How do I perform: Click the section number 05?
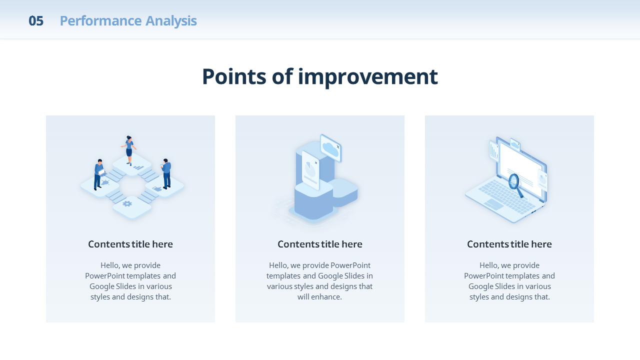(x=36, y=21)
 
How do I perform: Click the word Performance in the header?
(x=100, y=21)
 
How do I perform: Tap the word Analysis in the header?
(x=171, y=21)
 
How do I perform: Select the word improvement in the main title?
(x=367, y=77)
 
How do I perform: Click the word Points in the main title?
(x=234, y=76)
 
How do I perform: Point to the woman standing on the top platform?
(x=129, y=150)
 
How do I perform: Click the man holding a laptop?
(x=99, y=174)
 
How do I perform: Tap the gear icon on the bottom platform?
(x=127, y=203)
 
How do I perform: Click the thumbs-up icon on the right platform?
(x=157, y=188)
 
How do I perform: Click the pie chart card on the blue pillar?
(x=310, y=170)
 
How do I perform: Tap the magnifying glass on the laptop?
(x=515, y=185)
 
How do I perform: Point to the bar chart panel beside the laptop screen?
(x=494, y=151)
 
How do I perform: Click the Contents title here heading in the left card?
(x=130, y=244)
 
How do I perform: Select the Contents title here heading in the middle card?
(x=319, y=244)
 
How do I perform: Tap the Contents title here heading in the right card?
(x=509, y=244)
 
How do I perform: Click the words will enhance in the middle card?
(x=319, y=297)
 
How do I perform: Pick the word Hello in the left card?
(x=110, y=265)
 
